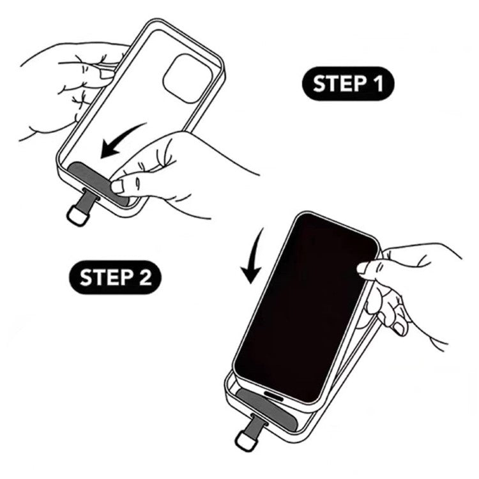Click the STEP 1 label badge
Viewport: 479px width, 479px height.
pyautogui.click(x=348, y=84)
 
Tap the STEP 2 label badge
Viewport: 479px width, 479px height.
pyautogui.click(x=116, y=277)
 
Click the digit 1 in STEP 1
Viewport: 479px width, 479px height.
pyautogui.click(x=378, y=84)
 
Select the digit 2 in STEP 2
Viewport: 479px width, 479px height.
pyautogui.click(x=146, y=277)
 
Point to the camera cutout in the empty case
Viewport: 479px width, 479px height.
pyautogui.click(x=188, y=79)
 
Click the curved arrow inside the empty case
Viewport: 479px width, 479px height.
pyautogui.click(x=121, y=141)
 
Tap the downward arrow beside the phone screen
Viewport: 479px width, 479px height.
pyautogui.click(x=253, y=257)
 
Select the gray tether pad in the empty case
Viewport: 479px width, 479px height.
pyautogui.click(x=98, y=184)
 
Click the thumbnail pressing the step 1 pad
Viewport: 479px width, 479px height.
pyautogui.click(x=118, y=186)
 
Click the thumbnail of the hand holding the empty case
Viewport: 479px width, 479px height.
pyautogui.click(x=107, y=74)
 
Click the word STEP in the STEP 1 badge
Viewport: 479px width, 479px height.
pyautogui.click(x=340, y=84)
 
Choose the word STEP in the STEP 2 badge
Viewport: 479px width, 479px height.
pyautogui.click(x=107, y=277)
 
